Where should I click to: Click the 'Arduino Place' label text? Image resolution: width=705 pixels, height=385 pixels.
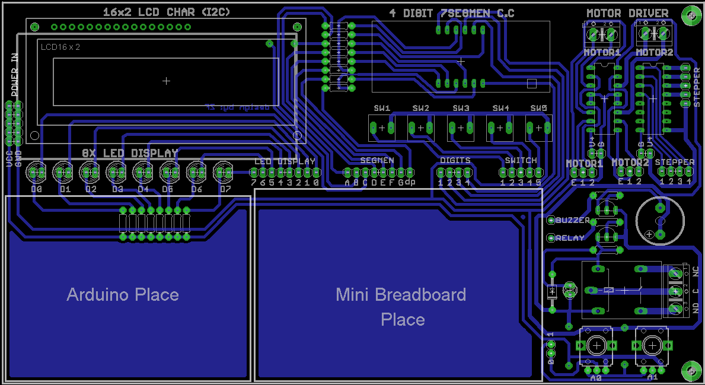click(x=123, y=294)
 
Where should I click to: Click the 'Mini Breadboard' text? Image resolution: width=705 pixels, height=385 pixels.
click(x=401, y=294)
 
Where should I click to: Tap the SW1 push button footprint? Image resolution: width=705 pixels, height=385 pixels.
click(x=382, y=128)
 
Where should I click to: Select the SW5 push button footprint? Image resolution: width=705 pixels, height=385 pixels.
click(x=538, y=128)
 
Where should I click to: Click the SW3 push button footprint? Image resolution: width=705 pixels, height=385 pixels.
click(x=461, y=128)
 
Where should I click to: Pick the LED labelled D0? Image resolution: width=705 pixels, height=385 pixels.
click(x=37, y=172)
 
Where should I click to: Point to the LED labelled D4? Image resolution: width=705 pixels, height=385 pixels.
click(x=142, y=172)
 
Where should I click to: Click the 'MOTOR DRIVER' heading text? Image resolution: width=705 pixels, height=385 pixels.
click(x=627, y=13)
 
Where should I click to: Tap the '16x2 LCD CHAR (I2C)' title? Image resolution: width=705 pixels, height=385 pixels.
click(x=167, y=12)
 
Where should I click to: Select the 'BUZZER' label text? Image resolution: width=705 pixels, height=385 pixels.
click(x=573, y=220)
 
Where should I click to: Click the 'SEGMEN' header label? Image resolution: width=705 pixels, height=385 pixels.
click(x=377, y=160)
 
